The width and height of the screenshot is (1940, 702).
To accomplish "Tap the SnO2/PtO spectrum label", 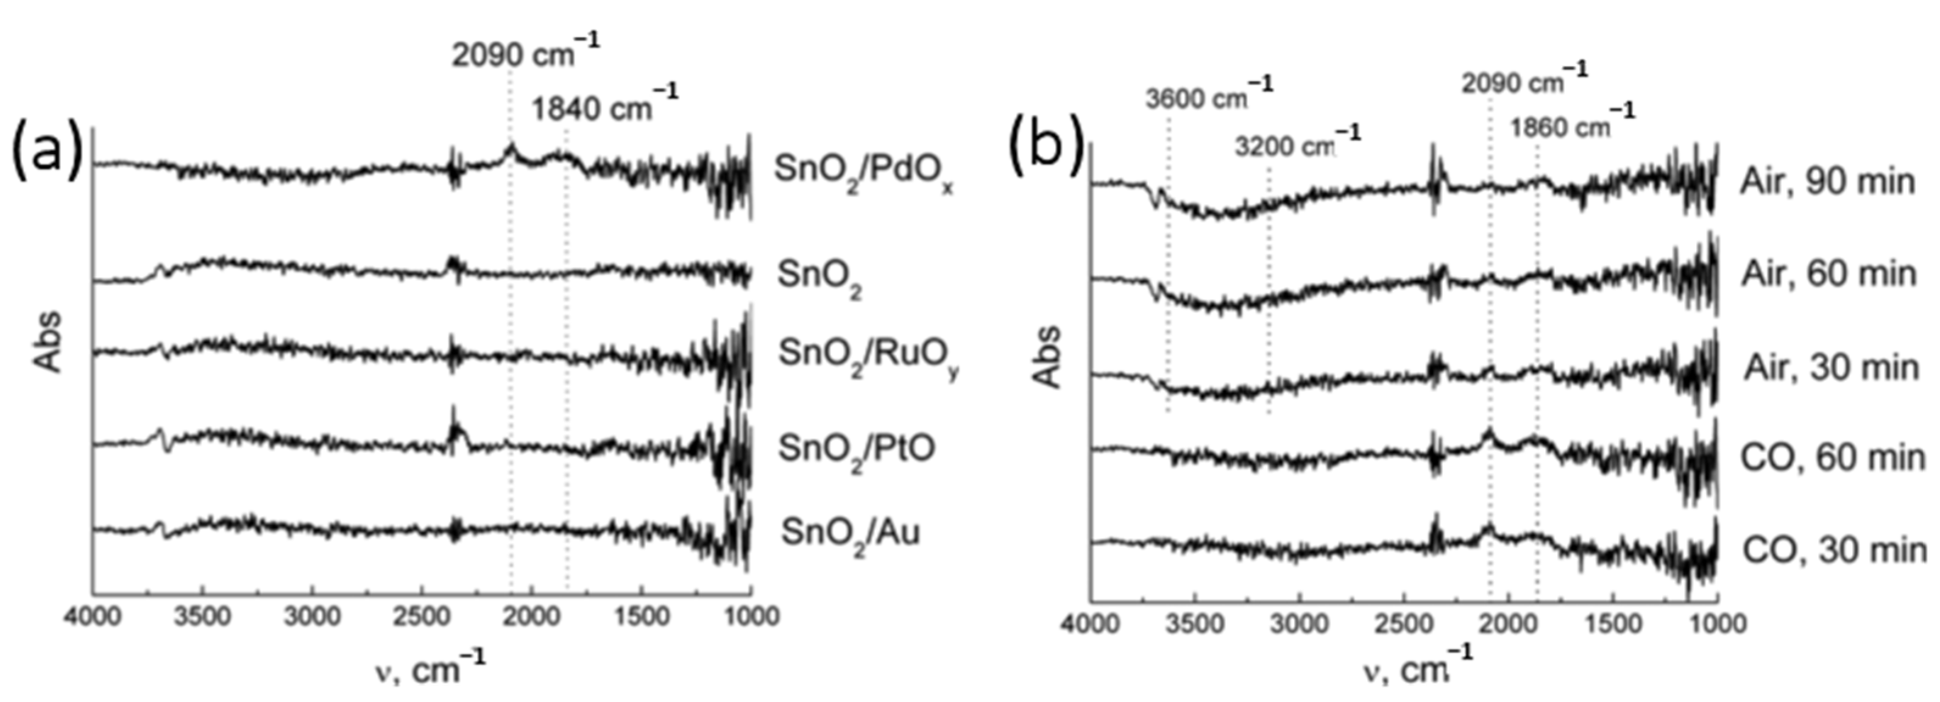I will coord(856,450).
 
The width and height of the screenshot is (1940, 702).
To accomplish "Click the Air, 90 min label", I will coord(1828,183).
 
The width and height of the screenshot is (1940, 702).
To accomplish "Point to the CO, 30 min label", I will coord(1833,551).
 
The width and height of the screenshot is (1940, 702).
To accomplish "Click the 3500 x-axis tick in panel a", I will coord(202,617).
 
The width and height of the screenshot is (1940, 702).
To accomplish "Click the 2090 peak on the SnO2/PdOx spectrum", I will coord(511,147).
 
